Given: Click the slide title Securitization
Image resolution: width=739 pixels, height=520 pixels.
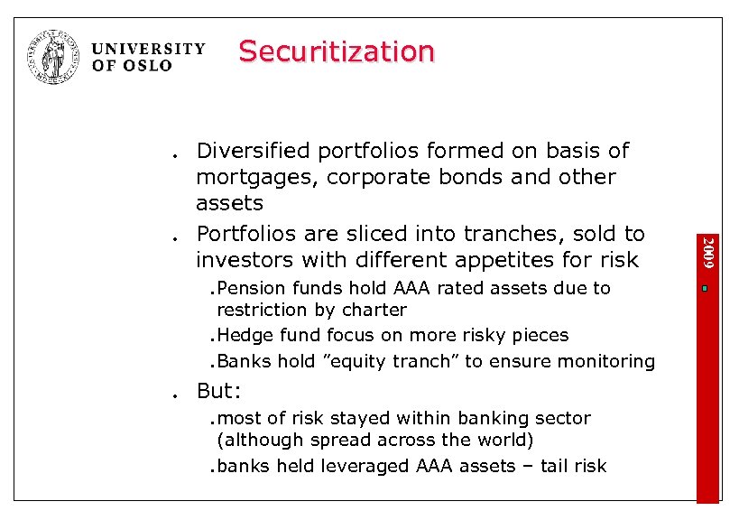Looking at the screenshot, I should click(337, 51).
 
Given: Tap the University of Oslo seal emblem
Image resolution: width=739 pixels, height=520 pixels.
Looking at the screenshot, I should click(54, 57).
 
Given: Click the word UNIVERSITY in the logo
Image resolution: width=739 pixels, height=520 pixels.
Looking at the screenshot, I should click(149, 49).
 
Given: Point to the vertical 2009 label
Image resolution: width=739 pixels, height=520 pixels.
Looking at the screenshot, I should click(708, 251).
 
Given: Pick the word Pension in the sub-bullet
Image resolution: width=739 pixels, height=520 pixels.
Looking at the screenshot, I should click(250, 289).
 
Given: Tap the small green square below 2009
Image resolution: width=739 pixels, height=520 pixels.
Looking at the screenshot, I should click(708, 289).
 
